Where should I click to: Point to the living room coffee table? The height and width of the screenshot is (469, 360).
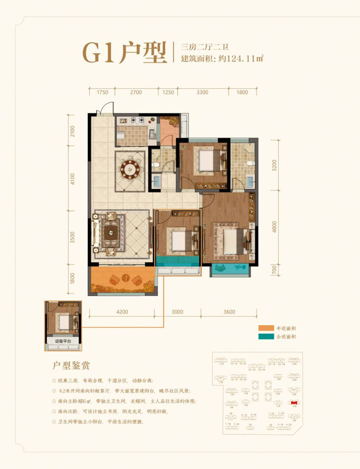110,233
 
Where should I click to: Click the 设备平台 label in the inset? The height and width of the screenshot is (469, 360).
63,340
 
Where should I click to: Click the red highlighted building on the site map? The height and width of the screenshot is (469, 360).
295,403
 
